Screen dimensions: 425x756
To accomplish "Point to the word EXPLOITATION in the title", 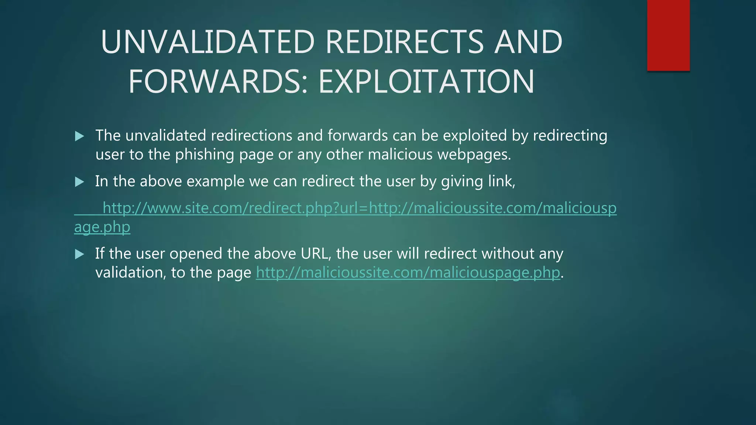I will coord(426,82).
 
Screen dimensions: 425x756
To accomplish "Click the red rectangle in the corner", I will coord(668,35).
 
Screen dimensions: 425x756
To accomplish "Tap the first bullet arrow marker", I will coord(79,137).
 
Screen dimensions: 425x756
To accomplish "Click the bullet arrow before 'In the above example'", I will coord(79,182).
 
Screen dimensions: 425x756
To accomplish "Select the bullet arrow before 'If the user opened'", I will coord(79,254).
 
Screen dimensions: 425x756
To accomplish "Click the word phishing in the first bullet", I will coord(205,155).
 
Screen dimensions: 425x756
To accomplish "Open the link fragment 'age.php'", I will coord(102,227).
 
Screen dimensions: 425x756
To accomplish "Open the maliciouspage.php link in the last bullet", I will coord(408,273).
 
